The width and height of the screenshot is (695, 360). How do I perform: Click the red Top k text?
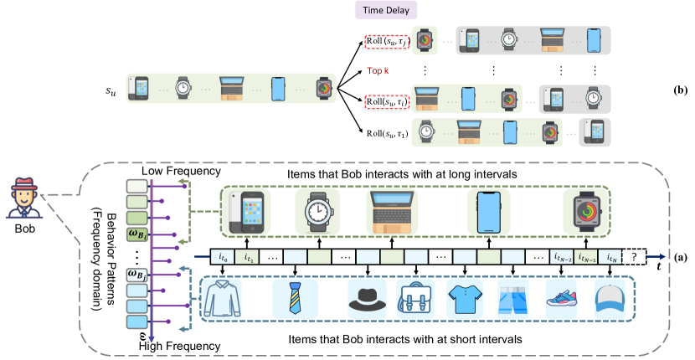click(379, 70)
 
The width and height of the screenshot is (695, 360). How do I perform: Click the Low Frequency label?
click(182, 171)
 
